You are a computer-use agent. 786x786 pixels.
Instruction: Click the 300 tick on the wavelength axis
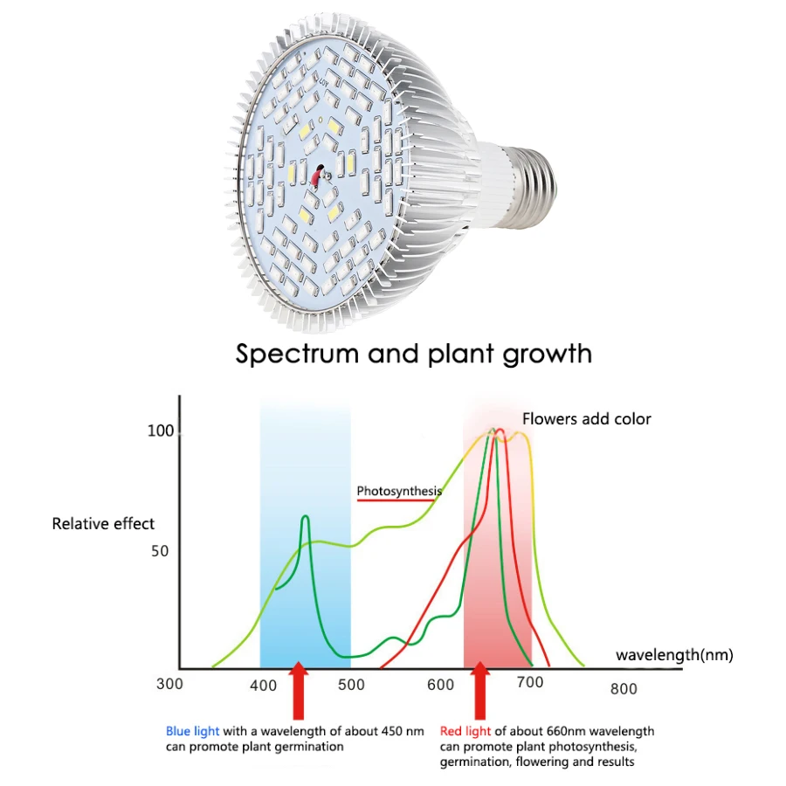(x=169, y=684)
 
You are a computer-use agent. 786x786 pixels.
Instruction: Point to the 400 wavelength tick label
(x=263, y=686)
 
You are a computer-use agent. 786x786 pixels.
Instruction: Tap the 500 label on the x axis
(x=351, y=685)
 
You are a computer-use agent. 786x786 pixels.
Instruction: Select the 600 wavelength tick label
(x=441, y=685)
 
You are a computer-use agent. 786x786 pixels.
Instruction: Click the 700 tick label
(x=530, y=682)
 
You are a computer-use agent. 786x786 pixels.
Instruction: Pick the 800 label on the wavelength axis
(x=624, y=689)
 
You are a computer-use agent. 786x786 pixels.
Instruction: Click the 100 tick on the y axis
(x=161, y=431)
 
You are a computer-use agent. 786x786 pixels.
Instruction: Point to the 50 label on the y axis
(x=160, y=551)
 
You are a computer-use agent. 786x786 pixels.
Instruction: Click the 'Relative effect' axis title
(x=103, y=524)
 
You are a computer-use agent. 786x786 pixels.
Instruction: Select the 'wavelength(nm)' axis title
(x=674, y=655)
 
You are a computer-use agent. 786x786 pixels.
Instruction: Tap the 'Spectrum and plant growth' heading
(x=414, y=355)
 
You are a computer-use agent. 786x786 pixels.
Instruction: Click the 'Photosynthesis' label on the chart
(x=399, y=491)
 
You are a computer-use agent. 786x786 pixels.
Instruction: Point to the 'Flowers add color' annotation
(x=587, y=419)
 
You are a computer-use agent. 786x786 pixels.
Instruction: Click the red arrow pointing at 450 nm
(x=299, y=691)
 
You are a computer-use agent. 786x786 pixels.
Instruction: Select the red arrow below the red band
(x=480, y=691)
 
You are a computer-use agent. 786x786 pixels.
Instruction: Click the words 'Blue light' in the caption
(x=192, y=732)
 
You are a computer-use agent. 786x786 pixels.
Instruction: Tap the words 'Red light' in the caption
(x=465, y=732)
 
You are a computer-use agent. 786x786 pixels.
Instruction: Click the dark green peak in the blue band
(x=306, y=517)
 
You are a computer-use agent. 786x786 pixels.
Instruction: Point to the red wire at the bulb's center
(x=316, y=178)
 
